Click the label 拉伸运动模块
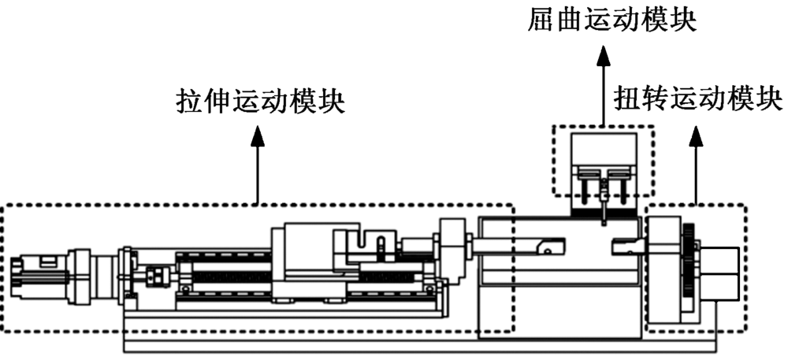[x=259, y=103]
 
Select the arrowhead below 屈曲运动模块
[x=603, y=54]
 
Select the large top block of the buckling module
[x=603, y=150]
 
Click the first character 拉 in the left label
[x=187, y=103]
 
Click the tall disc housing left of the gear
[x=663, y=268]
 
